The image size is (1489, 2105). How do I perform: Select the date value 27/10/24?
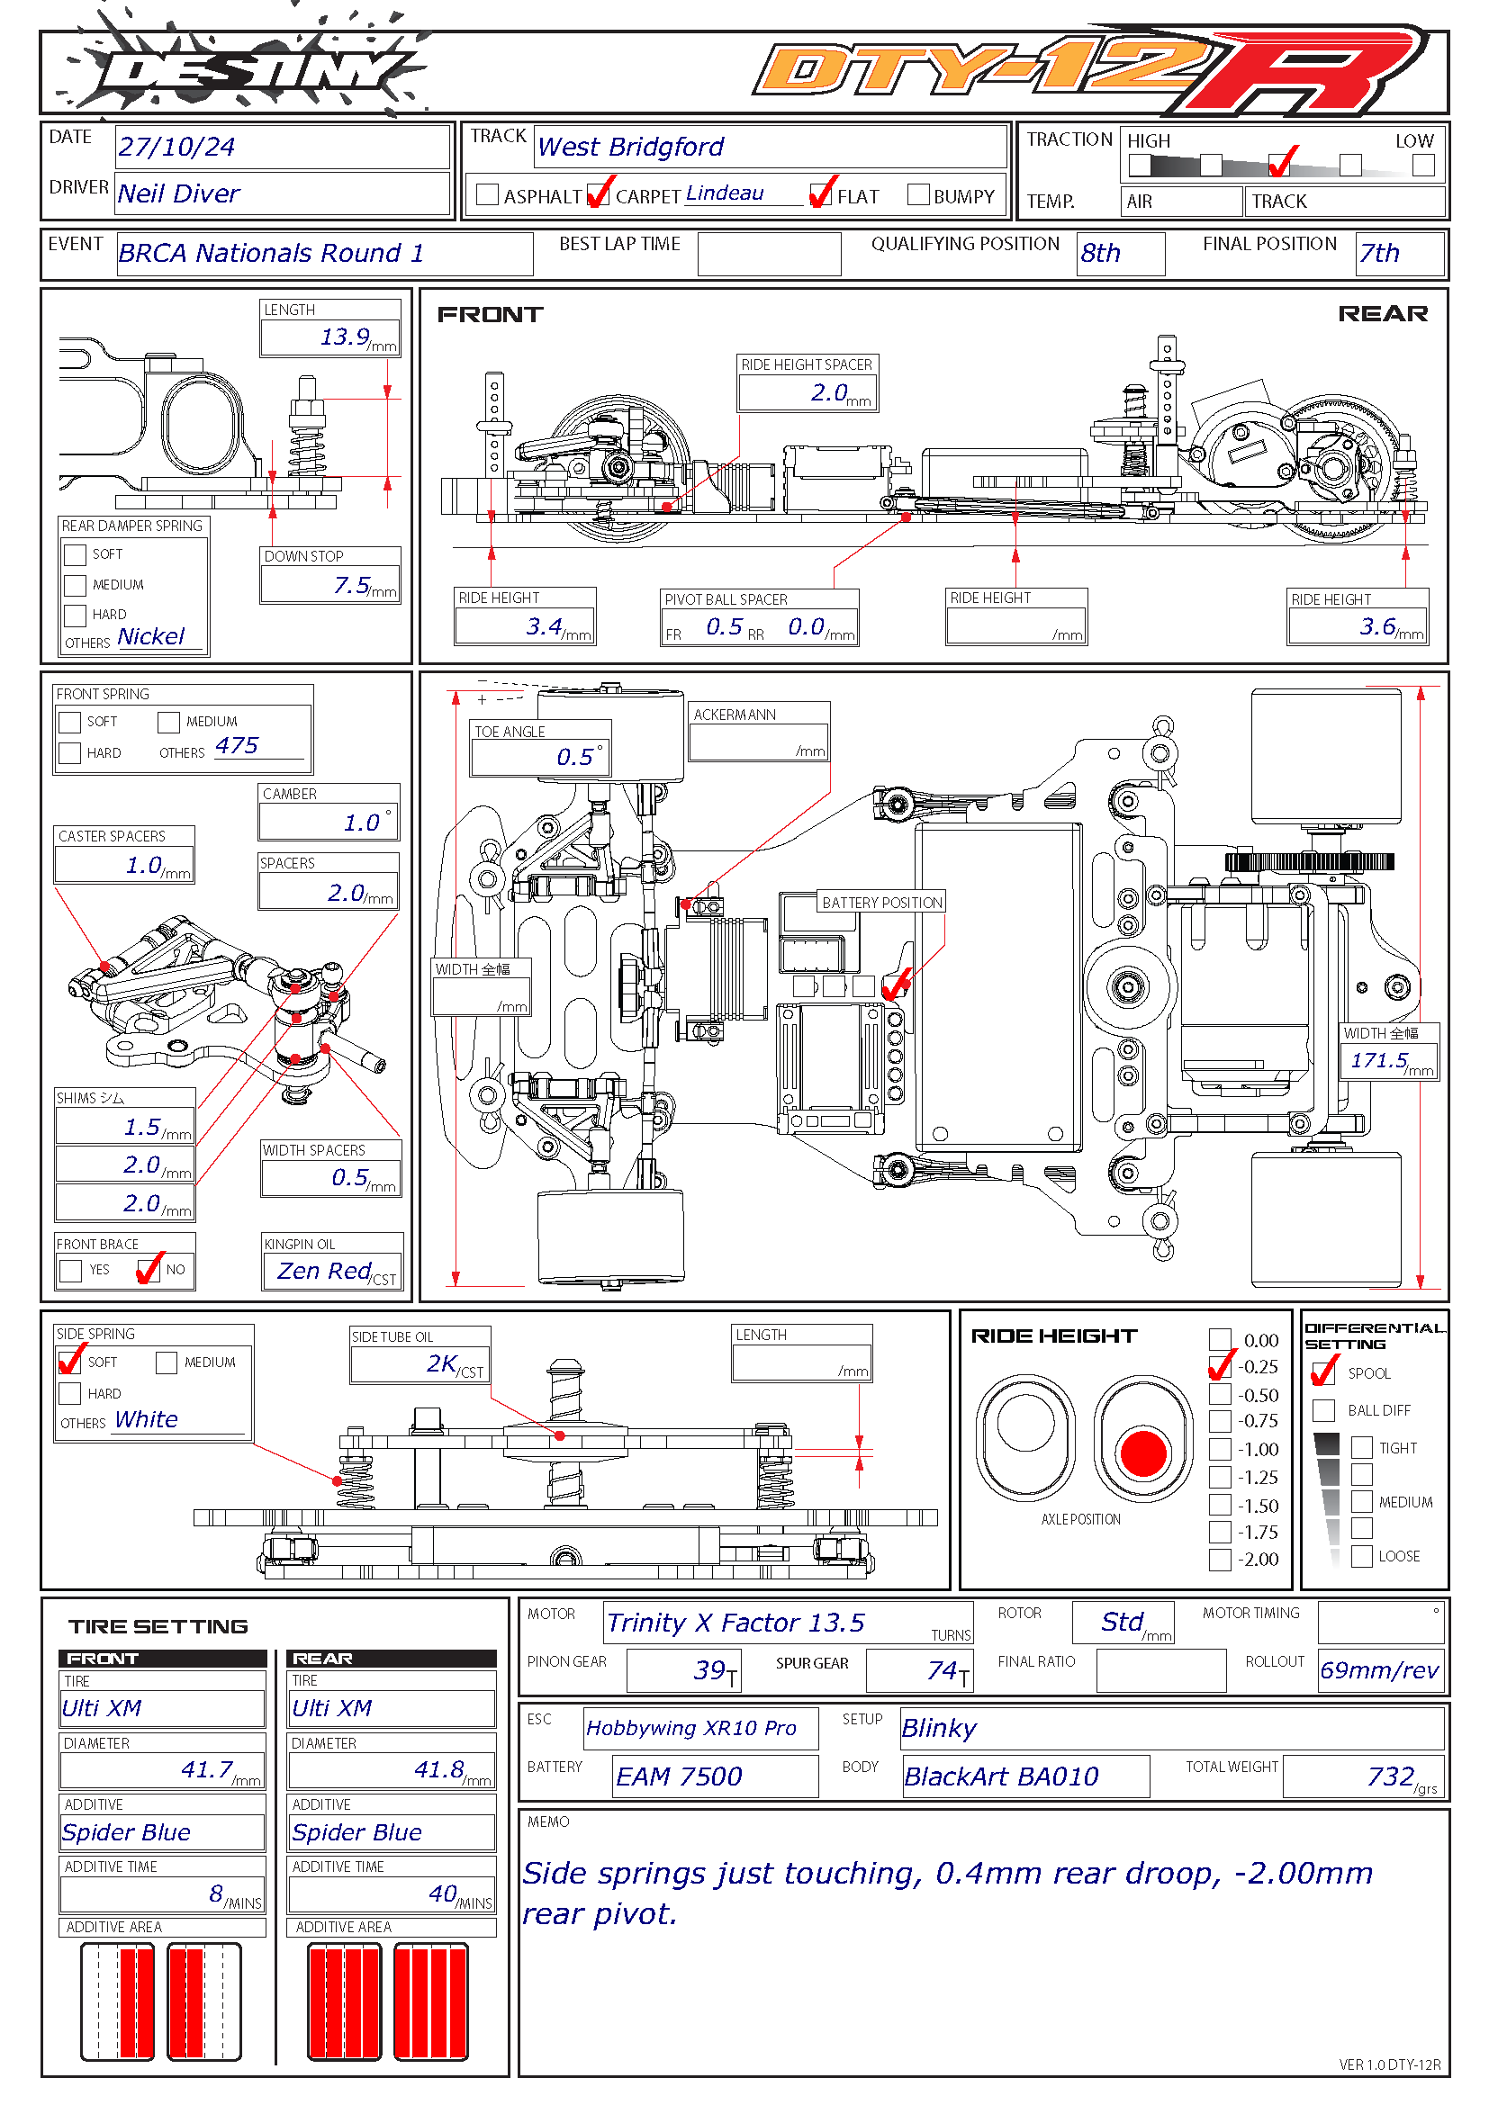tap(176, 147)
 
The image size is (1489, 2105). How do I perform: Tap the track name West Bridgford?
tap(631, 147)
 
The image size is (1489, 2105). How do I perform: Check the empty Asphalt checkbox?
tap(488, 194)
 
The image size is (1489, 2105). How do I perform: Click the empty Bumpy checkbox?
tap(917, 194)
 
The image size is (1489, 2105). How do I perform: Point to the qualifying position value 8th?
tap(1100, 253)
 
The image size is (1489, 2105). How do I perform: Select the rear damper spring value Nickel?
tap(151, 636)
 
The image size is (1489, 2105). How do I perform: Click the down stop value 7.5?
tap(352, 585)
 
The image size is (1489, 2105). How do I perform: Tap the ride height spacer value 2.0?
tap(829, 392)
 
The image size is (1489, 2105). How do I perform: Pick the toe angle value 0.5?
tap(575, 756)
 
